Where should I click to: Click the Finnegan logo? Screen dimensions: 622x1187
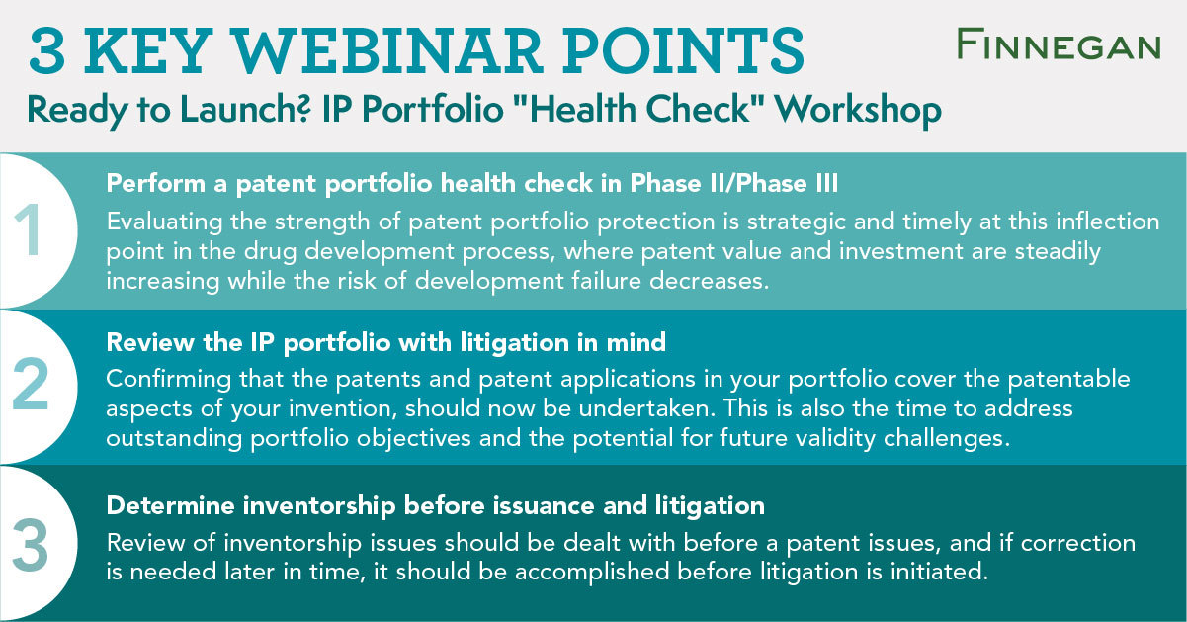(1058, 44)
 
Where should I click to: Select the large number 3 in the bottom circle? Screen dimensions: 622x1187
(32, 542)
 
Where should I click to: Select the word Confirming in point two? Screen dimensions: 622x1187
(161, 380)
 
